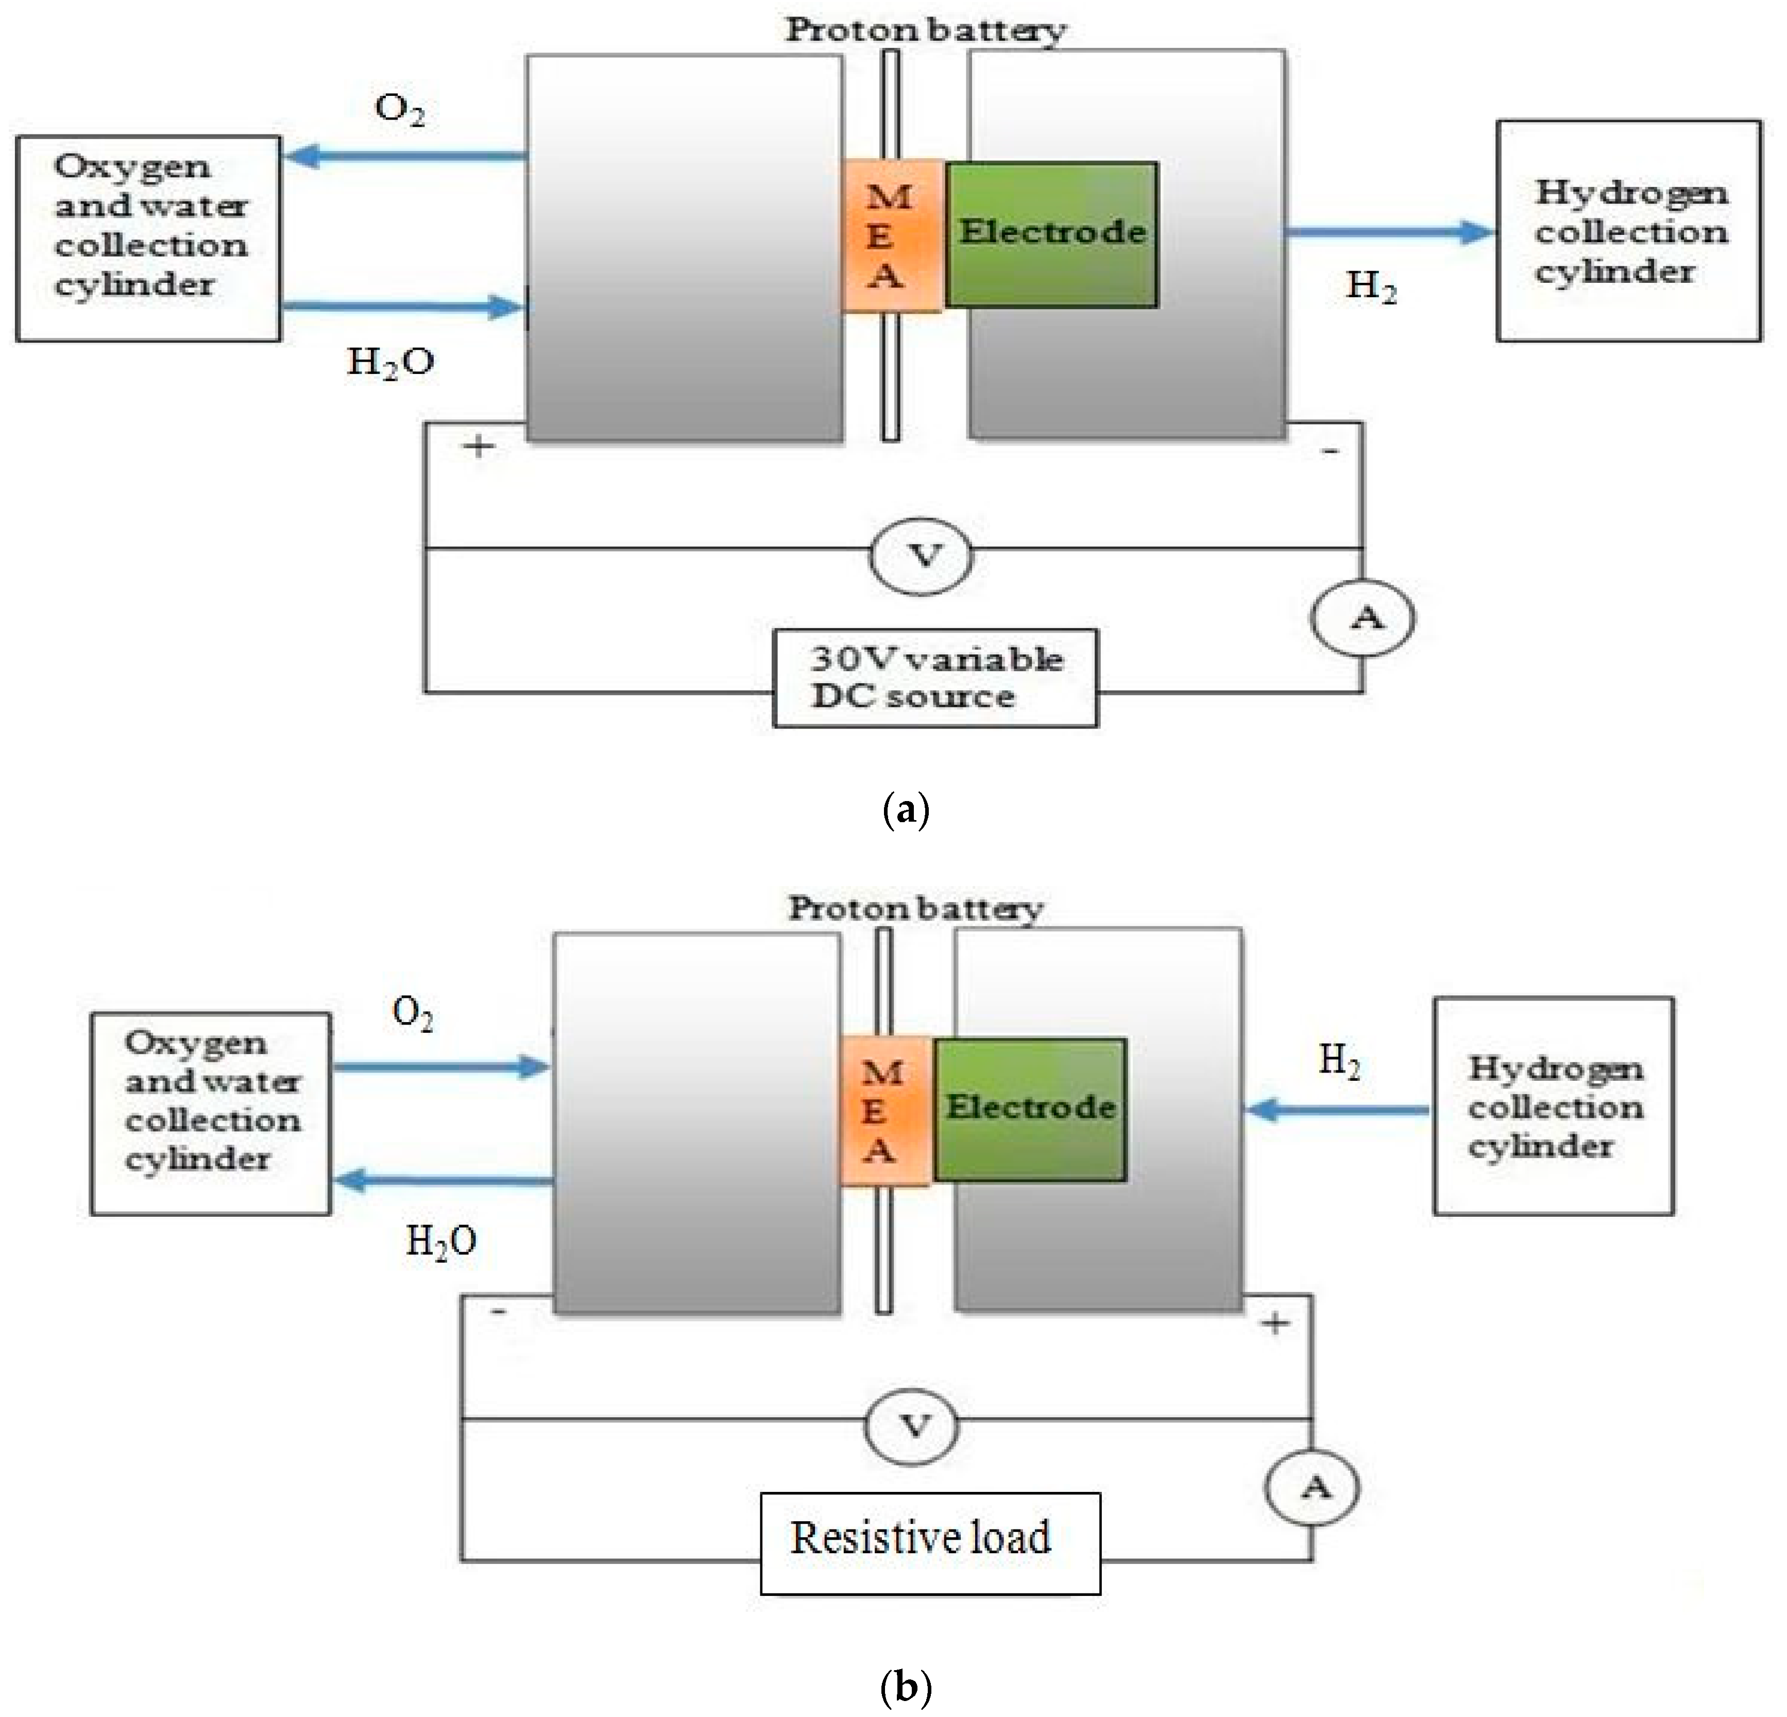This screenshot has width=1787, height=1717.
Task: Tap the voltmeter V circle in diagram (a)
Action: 921,555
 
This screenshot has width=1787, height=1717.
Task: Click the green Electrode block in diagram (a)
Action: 1051,234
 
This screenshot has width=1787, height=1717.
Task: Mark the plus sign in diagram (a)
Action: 478,447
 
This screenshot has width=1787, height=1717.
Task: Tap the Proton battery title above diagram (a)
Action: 925,30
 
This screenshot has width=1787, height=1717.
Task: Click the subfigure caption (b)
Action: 906,1687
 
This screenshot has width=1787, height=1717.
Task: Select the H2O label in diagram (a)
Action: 390,363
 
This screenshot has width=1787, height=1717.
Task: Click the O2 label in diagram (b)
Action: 412,1012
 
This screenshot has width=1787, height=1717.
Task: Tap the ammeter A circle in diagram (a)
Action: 1363,618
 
